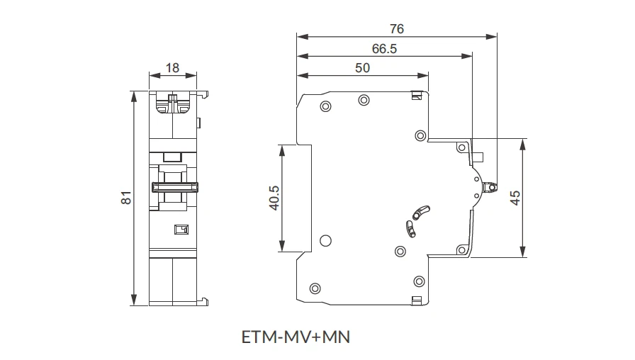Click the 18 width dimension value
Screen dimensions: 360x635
click(x=172, y=68)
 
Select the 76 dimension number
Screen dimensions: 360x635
click(x=397, y=29)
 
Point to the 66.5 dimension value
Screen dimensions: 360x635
click(x=384, y=49)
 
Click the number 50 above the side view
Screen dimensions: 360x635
click(x=362, y=68)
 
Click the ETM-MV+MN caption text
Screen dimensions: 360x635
click(x=296, y=337)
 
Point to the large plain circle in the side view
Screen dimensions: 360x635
click(x=325, y=240)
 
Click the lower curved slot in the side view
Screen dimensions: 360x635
click(x=410, y=227)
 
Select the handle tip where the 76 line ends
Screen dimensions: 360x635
click(x=490, y=188)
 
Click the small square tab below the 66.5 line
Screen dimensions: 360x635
click(x=478, y=157)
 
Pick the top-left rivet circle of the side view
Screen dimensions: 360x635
click(x=325, y=107)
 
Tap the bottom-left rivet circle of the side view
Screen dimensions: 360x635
click(x=315, y=288)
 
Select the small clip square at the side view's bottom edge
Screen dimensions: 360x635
click(x=417, y=300)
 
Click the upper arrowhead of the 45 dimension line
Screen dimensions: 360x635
click(x=522, y=143)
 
